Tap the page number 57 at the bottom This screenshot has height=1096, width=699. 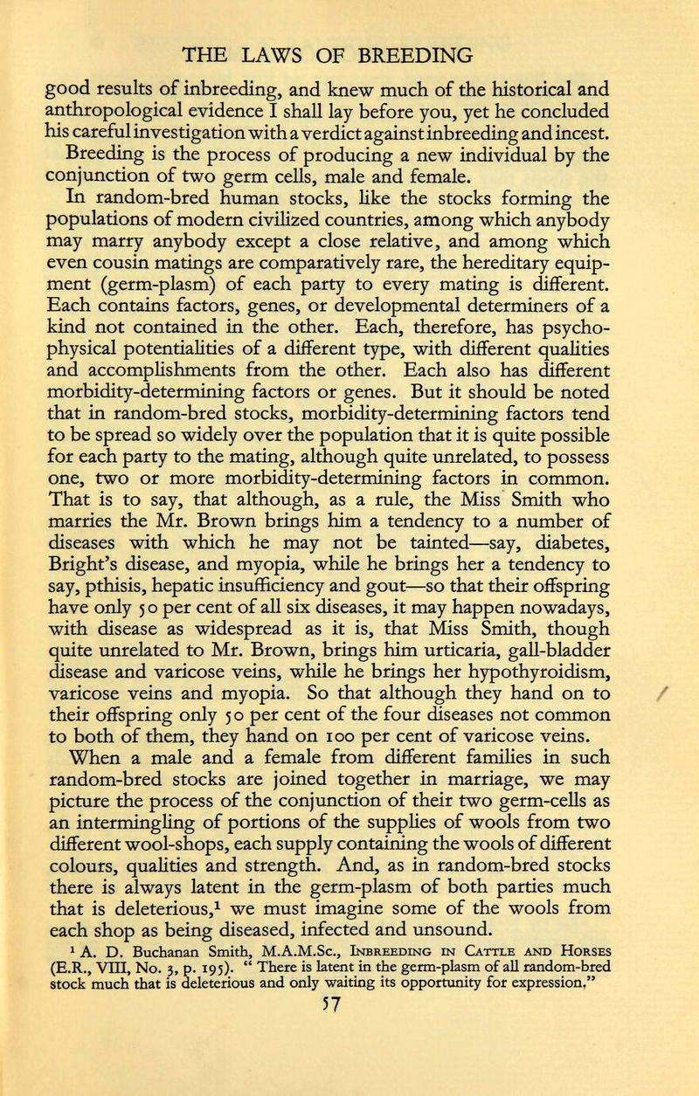[x=348, y=1071]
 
